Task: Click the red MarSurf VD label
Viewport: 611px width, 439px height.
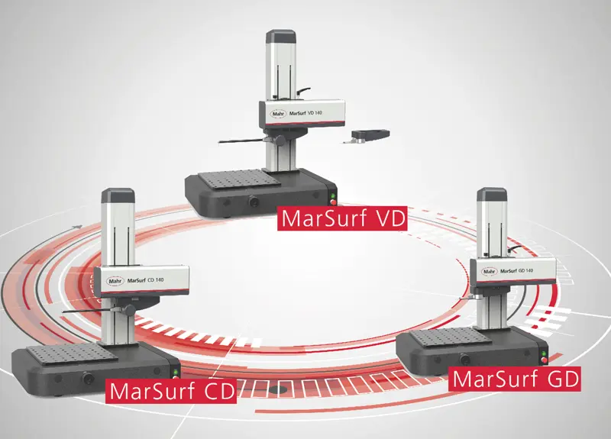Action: click(x=342, y=218)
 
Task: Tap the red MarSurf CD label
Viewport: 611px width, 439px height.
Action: click(x=171, y=391)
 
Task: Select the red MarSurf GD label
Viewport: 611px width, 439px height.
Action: click(x=514, y=379)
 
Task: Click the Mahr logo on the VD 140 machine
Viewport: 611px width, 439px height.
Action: click(x=279, y=114)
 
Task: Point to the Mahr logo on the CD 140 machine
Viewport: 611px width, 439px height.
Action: click(x=115, y=281)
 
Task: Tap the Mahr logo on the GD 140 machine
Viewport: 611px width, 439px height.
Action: click(x=490, y=271)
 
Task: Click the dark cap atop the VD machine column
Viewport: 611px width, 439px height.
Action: click(x=280, y=36)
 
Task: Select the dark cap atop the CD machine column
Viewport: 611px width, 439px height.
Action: click(x=118, y=195)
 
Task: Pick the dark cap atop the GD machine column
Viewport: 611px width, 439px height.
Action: click(x=492, y=194)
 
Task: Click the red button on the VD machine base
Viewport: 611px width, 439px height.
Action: click(x=333, y=202)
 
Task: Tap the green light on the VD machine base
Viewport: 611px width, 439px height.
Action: click(x=333, y=196)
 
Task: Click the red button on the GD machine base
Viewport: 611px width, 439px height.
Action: click(x=544, y=360)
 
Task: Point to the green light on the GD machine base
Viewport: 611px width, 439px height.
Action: click(x=544, y=353)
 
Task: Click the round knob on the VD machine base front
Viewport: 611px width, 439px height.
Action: click(x=254, y=202)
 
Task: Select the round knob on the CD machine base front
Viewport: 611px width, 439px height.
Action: click(x=88, y=377)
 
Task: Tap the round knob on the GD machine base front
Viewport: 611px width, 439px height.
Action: click(x=464, y=359)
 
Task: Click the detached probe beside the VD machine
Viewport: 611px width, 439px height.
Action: click(x=367, y=136)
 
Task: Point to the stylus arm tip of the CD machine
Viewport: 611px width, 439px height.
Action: click(x=63, y=311)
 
